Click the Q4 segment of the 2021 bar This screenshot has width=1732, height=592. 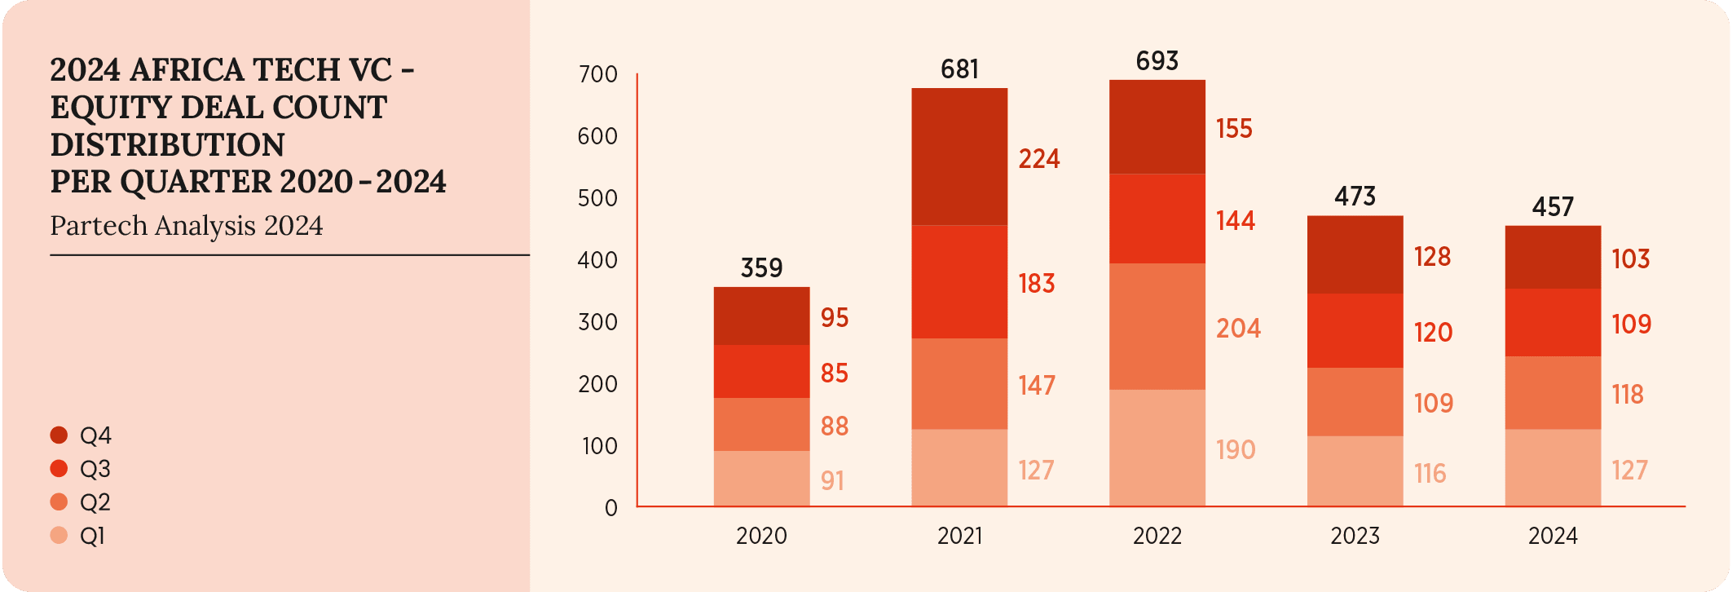pos(959,157)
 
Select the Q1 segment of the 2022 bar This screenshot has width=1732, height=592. pos(1157,448)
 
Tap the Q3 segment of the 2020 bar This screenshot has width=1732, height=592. pos(761,371)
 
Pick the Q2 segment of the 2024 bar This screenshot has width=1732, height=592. pos(1553,392)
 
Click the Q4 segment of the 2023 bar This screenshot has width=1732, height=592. pos(1355,254)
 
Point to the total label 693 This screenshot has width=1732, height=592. pos(1157,61)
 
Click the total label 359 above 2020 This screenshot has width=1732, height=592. pos(761,268)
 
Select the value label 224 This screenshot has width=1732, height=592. pos(1039,158)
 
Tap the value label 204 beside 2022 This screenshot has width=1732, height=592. pos(1238,329)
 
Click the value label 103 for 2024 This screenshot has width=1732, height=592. pos(1631,259)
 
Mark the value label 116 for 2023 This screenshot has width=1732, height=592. pos(1430,474)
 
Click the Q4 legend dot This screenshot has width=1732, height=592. pos(59,435)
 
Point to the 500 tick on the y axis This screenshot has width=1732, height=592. pos(597,198)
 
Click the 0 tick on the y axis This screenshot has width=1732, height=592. pos(611,508)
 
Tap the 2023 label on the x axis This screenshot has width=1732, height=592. pos(1355,536)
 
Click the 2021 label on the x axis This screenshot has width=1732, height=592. pos(959,536)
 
